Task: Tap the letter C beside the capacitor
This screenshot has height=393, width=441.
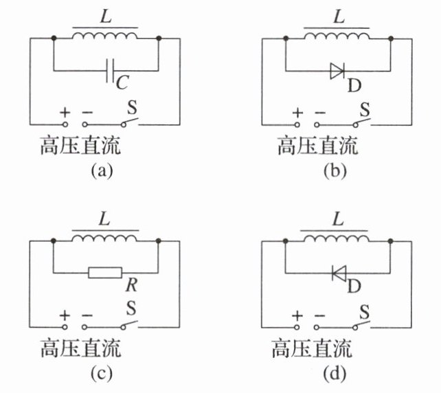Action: [122, 84]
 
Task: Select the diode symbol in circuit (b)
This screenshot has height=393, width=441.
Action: [337, 70]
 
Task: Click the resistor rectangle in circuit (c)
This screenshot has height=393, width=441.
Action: [106, 273]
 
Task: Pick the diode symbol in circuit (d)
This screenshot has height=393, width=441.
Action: [338, 273]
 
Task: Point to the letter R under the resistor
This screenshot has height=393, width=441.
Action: [126, 284]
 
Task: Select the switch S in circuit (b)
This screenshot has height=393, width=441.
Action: [362, 122]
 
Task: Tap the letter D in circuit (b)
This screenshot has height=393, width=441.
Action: [354, 85]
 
